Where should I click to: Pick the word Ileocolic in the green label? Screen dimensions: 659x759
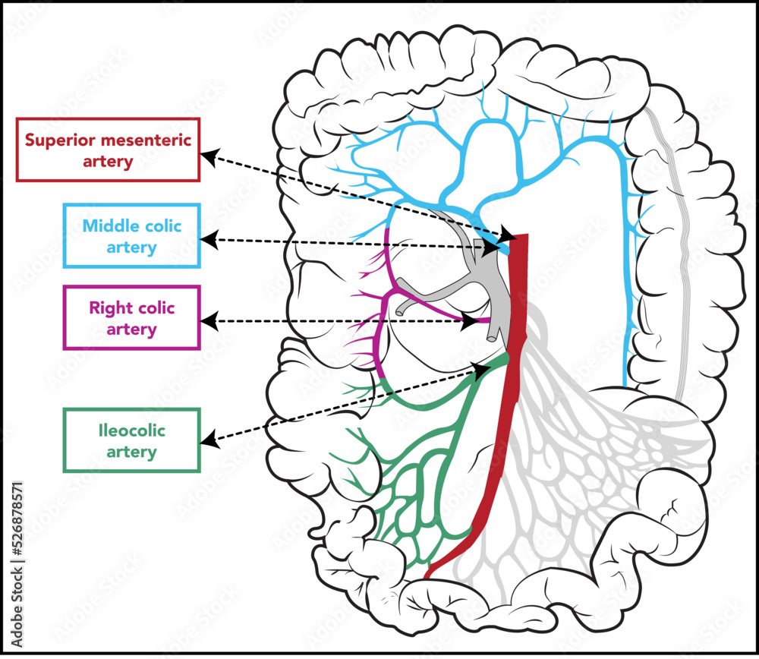(x=132, y=431)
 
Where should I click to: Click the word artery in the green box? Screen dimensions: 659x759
(x=132, y=452)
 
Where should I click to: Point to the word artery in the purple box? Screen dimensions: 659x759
(x=132, y=329)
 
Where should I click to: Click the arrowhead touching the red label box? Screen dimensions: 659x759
(x=209, y=157)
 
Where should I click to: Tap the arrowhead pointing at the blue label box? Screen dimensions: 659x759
(x=208, y=241)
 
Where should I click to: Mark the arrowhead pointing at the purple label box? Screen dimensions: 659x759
(x=208, y=322)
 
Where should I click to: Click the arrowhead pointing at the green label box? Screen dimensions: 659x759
(x=209, y=438)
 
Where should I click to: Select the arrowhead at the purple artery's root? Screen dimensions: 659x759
(x=471, y=321)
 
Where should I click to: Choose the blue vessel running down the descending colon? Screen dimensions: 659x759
(x=628, y=289)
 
